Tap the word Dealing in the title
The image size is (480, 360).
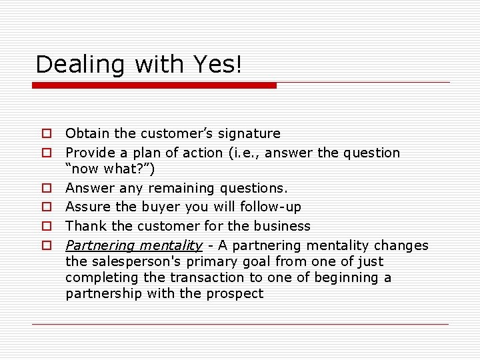(x=82, y=65)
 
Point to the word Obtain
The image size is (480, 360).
(x=85, y=134)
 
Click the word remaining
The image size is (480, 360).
(x=179, y=189)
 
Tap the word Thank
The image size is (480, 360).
(x=83, y=226)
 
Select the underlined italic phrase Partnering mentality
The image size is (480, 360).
(x=133, y=245)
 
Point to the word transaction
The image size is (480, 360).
(x=207, y=277)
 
